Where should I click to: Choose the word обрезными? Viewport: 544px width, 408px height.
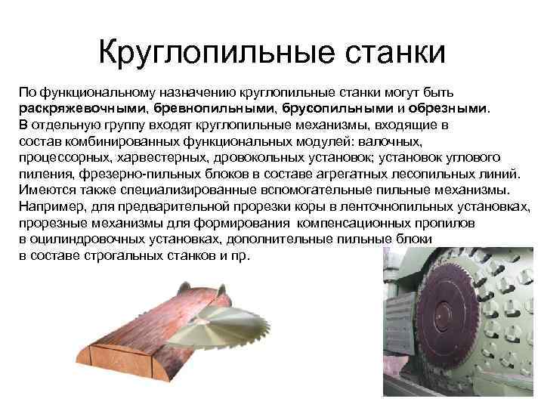click(453, 107)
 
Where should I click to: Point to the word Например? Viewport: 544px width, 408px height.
click(52, 206)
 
